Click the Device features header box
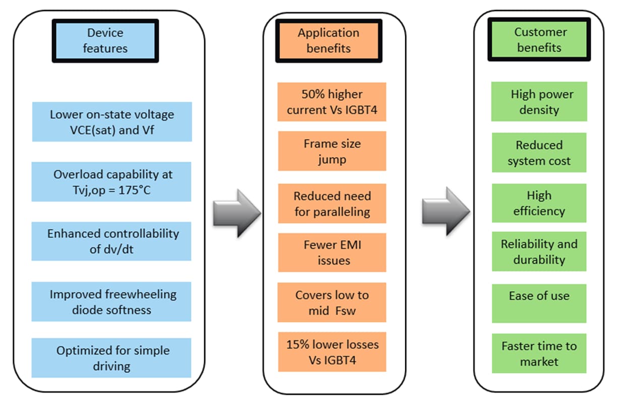(105, 41)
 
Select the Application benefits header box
(328, 41)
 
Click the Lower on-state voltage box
(112, 122)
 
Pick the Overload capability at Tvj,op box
(111, 182)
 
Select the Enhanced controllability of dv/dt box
(111, 241)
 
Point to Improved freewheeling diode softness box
(111, 302)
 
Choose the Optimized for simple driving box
(111, 358)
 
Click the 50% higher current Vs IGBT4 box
(332, 102)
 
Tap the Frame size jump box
(332, 151)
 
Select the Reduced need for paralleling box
(332, 203)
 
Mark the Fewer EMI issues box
(332, 253)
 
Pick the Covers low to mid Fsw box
(332, 302)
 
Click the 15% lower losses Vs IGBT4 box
(332, 352)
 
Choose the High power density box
(539, 102)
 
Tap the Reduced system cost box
(539, 153)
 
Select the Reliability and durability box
(539, 252)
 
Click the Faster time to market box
(539, 354)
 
